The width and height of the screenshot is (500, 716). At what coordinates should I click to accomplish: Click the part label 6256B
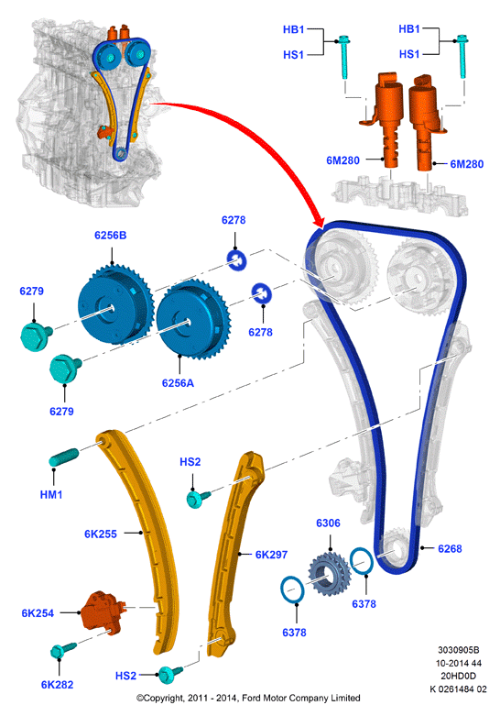pyautogui.click(x=111, y=236)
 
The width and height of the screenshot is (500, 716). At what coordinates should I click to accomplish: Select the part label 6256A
pyautogui.click(x=178, y=383)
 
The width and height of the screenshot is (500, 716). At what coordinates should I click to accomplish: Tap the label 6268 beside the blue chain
pyautogui.click(x=450, y=548)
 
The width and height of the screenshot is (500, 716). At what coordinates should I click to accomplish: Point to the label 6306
pyautogui.click(x=328, y=523)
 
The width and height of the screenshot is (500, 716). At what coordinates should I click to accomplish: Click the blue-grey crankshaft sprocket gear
pyautogui.click(x=330, y=574)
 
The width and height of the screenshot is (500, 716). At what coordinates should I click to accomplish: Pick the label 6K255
pyautogui.click(x=101, y=534)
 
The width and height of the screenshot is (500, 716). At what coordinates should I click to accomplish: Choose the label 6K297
pyautogui.click(x=271, y=555)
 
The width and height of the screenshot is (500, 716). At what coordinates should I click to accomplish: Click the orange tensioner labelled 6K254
pyautogui.click(x=103, y=611)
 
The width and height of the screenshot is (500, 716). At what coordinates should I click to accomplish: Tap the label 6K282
pyautogui.click(x=57, y=685)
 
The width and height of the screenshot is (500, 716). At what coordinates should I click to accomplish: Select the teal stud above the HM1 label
pyautogui.click(x=64, y=457)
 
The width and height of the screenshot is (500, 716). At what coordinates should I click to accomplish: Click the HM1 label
pyautogui.click(x=51, y=494)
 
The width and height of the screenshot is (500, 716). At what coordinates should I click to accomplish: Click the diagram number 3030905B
pyautogui.click(x=459, y=650)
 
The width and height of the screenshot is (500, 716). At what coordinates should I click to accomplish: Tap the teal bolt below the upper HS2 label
pyautogui.click(x=198, y=497)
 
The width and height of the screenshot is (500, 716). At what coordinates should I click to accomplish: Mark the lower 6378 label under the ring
pyautogui.click(x=294, y=633)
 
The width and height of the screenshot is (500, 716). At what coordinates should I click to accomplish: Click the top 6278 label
pyautogui.click(x=234, y=220)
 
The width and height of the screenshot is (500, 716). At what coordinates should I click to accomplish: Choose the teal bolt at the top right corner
pyautogui.click(x=462, y=56)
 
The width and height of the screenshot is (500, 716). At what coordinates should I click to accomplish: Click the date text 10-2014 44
pyautogui.click(x=459, y=663)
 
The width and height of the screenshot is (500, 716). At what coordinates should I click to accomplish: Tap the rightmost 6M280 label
pyautogui.click(x=467, y=164)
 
